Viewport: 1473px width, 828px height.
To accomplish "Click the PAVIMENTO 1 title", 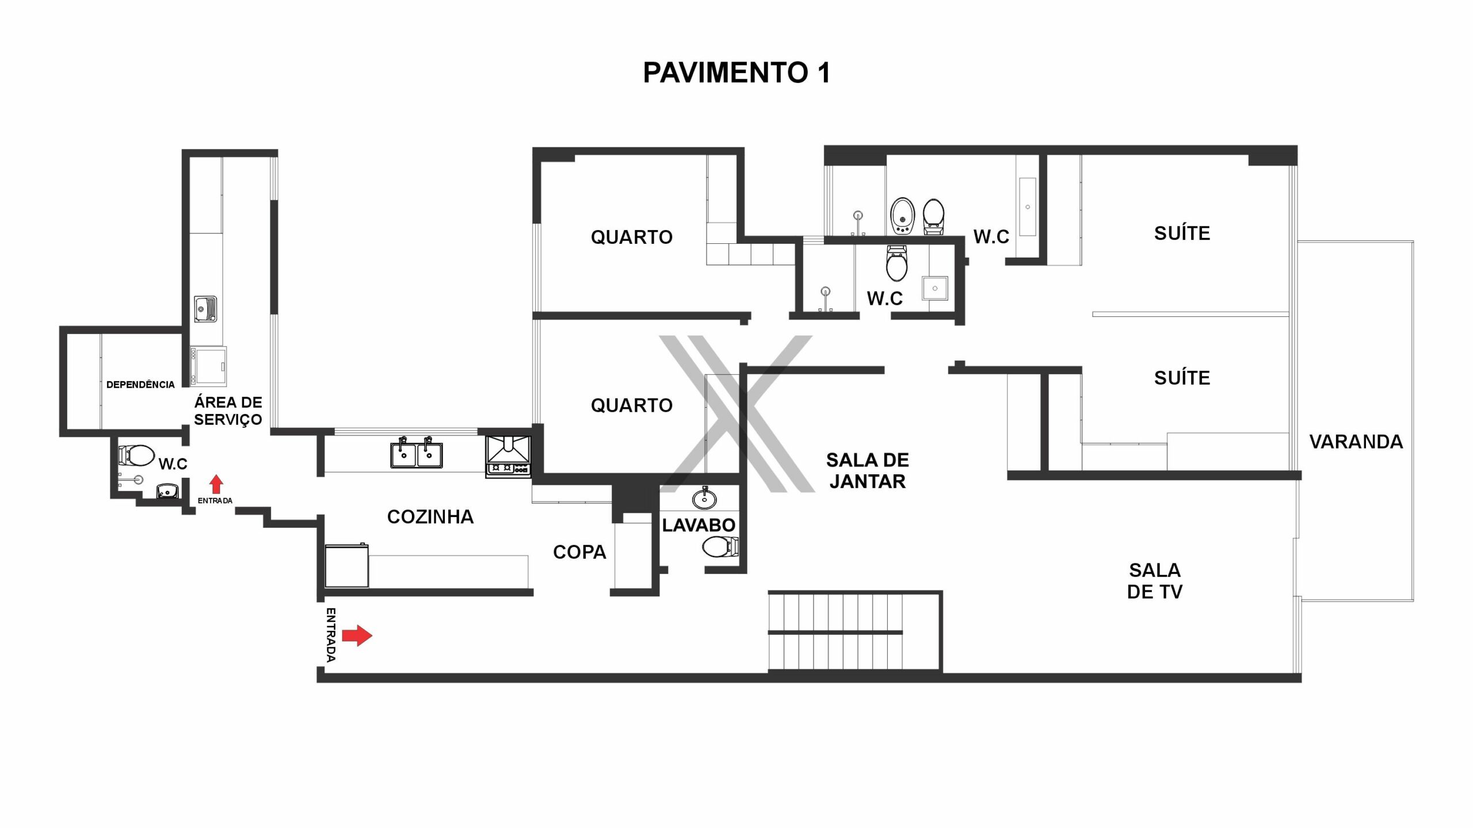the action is tap(736, 72).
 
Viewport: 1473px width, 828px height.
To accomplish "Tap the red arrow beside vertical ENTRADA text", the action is tap(357, 635).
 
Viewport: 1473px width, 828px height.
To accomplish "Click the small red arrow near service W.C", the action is tap(216, 484).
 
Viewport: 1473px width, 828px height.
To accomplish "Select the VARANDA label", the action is tap(1356, 442).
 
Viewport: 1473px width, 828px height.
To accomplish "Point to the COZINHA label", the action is tap(430, 517).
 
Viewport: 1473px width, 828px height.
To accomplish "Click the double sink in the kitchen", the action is tap(417, 453).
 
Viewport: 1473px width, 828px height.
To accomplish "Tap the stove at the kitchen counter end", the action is tap(508, 457).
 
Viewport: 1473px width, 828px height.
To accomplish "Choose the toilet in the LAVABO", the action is tap(720, 547).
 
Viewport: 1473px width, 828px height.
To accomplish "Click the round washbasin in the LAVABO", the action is tap(704, 499).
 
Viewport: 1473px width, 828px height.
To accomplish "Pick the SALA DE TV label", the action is tap(1155, 581).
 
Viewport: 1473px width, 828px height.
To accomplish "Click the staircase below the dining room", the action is tap(854, 632).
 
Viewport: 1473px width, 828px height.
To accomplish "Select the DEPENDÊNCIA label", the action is tap(140, 385).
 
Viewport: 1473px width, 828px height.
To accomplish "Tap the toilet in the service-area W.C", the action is tap(136, 455).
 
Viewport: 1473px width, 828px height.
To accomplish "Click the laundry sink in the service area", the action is tap(205, 309).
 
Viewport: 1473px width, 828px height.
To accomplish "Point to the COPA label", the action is tap(579, 552).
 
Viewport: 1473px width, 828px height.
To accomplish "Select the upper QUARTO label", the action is tap(632, 237).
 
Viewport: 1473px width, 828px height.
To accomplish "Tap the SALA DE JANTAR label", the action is tap(868, 470).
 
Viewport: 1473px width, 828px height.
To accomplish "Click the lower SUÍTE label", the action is tap(1182, 378).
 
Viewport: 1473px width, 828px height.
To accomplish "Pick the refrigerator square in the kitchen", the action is tap(347, 566).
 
